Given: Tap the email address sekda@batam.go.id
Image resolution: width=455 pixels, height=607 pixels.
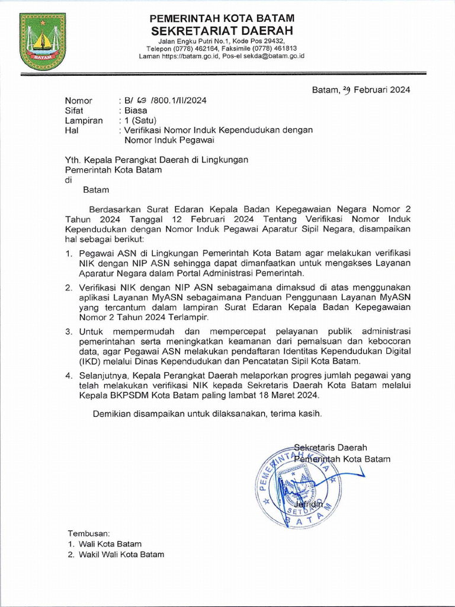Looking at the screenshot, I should click(x=277, y=56).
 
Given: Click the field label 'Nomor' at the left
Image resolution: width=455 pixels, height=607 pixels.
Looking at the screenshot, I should click(x=78, y=101).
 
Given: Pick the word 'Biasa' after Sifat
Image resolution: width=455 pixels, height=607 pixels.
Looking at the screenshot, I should click(x=136, y=110).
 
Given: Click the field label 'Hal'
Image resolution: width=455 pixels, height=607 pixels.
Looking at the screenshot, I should click(x=71, y=130).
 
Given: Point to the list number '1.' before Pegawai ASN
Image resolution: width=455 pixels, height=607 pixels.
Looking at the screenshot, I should click(x=69, y=254).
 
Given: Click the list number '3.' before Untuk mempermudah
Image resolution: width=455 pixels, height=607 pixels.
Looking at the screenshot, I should click(x=69, y=331).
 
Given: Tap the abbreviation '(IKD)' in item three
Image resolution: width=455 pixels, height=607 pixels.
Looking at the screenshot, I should click(x=89, y=361).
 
